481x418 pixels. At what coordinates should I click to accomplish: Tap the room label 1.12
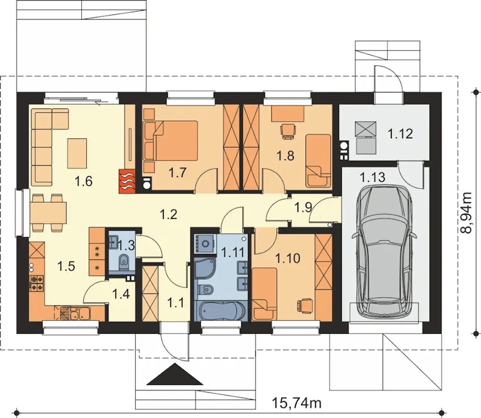tap(400, 134)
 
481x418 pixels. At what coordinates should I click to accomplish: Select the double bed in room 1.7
tap(175, 141)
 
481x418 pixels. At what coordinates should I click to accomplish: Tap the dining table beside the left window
tap(48, 213)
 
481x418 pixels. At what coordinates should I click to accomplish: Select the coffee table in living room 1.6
tap(77, 153)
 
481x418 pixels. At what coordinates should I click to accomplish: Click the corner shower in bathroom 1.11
tap(206, 268)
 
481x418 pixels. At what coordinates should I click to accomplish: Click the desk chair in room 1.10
tap(305, 306)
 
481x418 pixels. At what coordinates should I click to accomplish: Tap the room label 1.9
tap(303, 207)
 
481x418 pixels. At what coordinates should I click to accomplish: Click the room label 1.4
tap(121, 294)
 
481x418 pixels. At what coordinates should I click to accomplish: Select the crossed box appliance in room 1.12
tap(366, 129)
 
